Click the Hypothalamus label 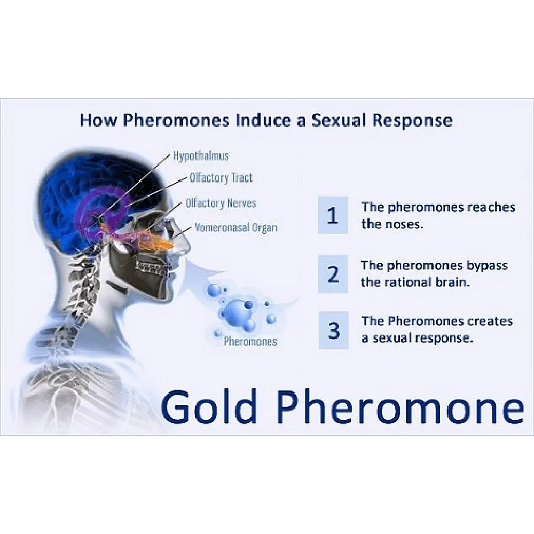click(x=201, y=156)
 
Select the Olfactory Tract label click(x=221, y=178)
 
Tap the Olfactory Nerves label click(x=221, y=203)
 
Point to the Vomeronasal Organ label click(x=236, y=227)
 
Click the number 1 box click(x=333, y=215)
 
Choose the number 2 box click(x=333, y=274)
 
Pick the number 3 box click(x=333, y=331)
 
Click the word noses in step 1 click(x=404, y=224)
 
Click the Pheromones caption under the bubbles click(x=250, y=341)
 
